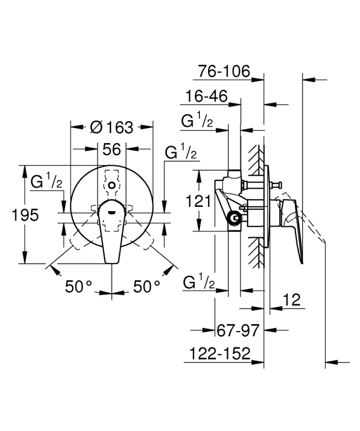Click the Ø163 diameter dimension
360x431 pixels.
pos(111,127)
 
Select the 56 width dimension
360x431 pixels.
pos(111,149)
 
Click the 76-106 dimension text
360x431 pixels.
pos(224,72)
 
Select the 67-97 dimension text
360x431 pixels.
pos(238,330)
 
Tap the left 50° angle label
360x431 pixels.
pos(78,287)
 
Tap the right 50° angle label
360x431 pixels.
pos(146,287)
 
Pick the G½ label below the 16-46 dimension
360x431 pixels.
pos(197,121)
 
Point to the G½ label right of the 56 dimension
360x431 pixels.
pos(180,153)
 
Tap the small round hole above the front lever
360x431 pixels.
pos(111,184)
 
